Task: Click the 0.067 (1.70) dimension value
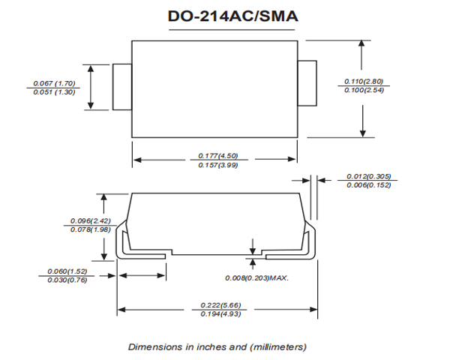(x=55, y=83)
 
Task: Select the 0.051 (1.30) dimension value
(x=55, y=92)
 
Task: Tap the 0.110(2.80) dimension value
(x=364, y=81)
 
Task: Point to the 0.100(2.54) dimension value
(x=364, y=90)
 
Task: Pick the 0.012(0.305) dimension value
(x=368, y=177)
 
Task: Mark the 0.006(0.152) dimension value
(x=368, y=186)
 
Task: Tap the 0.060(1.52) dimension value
(x=67, y=271)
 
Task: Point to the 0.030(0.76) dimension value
(x=67, y=280)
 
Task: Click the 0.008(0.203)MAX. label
(x=257, y=278)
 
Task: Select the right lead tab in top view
(x=308, y=82)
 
